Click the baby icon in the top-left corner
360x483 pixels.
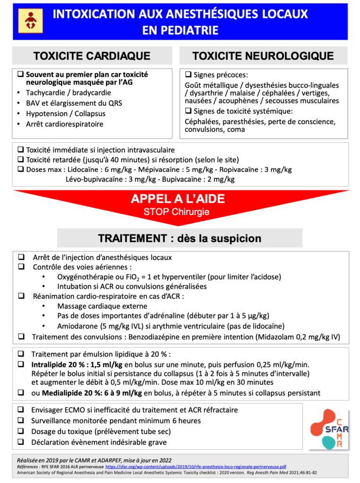click(30, 21)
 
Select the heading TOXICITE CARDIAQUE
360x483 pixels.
click(92, 56)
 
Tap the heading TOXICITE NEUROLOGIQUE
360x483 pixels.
click(263, 56)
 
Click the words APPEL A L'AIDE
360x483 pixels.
click(178, 200)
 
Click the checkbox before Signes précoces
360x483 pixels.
click(188, 75)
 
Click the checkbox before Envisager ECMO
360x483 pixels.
click(21, 410)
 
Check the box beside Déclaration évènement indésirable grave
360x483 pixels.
click(21, 442)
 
